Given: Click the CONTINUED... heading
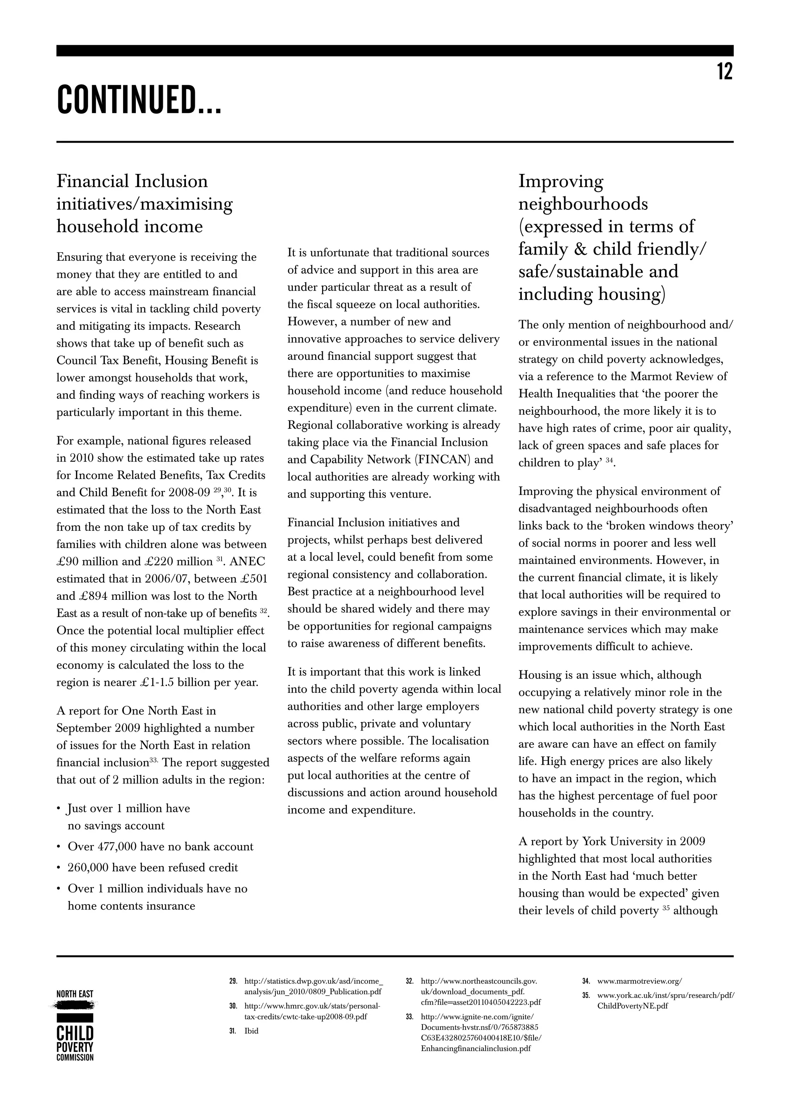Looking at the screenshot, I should [139, 100].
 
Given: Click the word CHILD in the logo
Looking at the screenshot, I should [75, 1033].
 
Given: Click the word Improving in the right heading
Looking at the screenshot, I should [560, 181].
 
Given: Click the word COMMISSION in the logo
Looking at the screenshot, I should [75, 1057].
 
